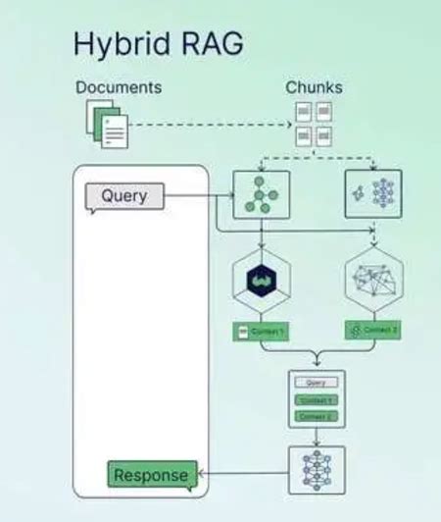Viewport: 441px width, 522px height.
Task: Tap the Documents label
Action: pos(119,87)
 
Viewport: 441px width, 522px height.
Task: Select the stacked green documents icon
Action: pos(106,125)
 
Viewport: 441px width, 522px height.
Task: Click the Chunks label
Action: pos(314,87)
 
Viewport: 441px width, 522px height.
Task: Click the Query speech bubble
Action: pos(123,196)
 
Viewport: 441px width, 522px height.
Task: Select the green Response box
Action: pos(151,476)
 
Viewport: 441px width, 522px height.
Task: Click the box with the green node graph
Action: pos(262,192)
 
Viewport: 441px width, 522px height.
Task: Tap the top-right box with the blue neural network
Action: pos(373,192)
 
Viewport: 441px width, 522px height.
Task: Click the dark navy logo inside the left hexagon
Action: pos(262,281)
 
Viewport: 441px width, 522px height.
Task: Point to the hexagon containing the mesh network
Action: pos(373,281)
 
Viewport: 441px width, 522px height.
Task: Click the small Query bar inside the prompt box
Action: pos(317,383)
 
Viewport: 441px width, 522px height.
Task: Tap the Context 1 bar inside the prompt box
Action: pos(317,400)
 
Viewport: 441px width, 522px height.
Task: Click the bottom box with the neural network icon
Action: pos(317,470)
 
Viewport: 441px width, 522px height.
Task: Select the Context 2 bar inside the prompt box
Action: pos(317,416)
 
